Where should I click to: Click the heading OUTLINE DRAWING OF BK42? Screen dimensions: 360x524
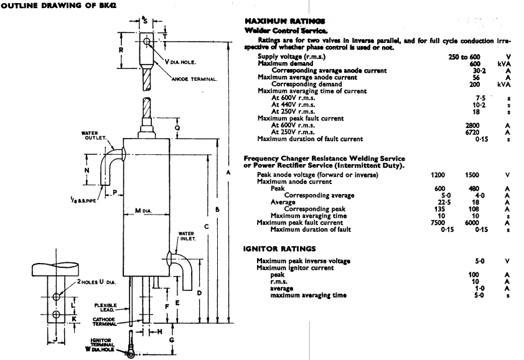pyautogui.click(x=49, y=6)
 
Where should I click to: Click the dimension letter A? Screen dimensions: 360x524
pyautogui.click(x=228, y=172)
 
